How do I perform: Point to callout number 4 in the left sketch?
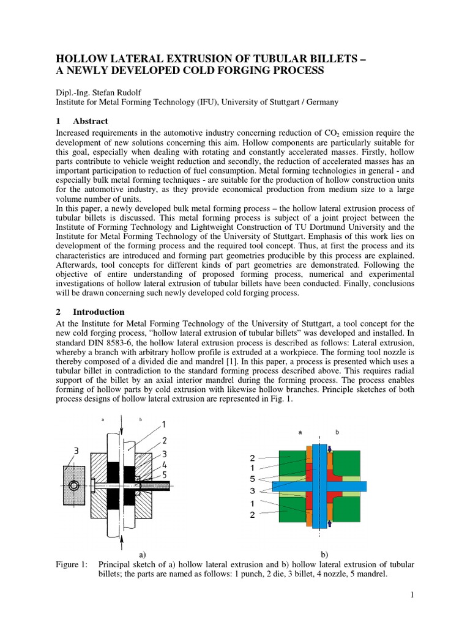(165, 464)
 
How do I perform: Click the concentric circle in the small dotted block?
(73, 486)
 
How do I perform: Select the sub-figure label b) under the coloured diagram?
(325, 554)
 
